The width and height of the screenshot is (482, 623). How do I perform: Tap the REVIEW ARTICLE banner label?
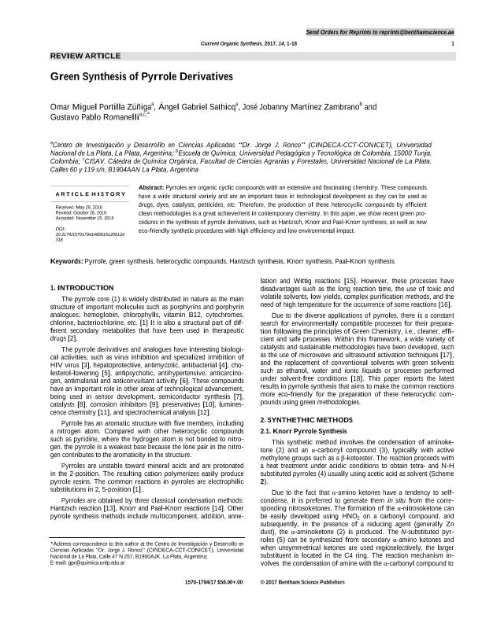[85, 57]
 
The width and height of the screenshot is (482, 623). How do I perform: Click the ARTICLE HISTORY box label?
[91, 194]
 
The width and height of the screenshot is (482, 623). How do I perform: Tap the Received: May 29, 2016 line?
[79, 208]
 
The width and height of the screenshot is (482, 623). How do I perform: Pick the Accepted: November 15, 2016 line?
[84, 217]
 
